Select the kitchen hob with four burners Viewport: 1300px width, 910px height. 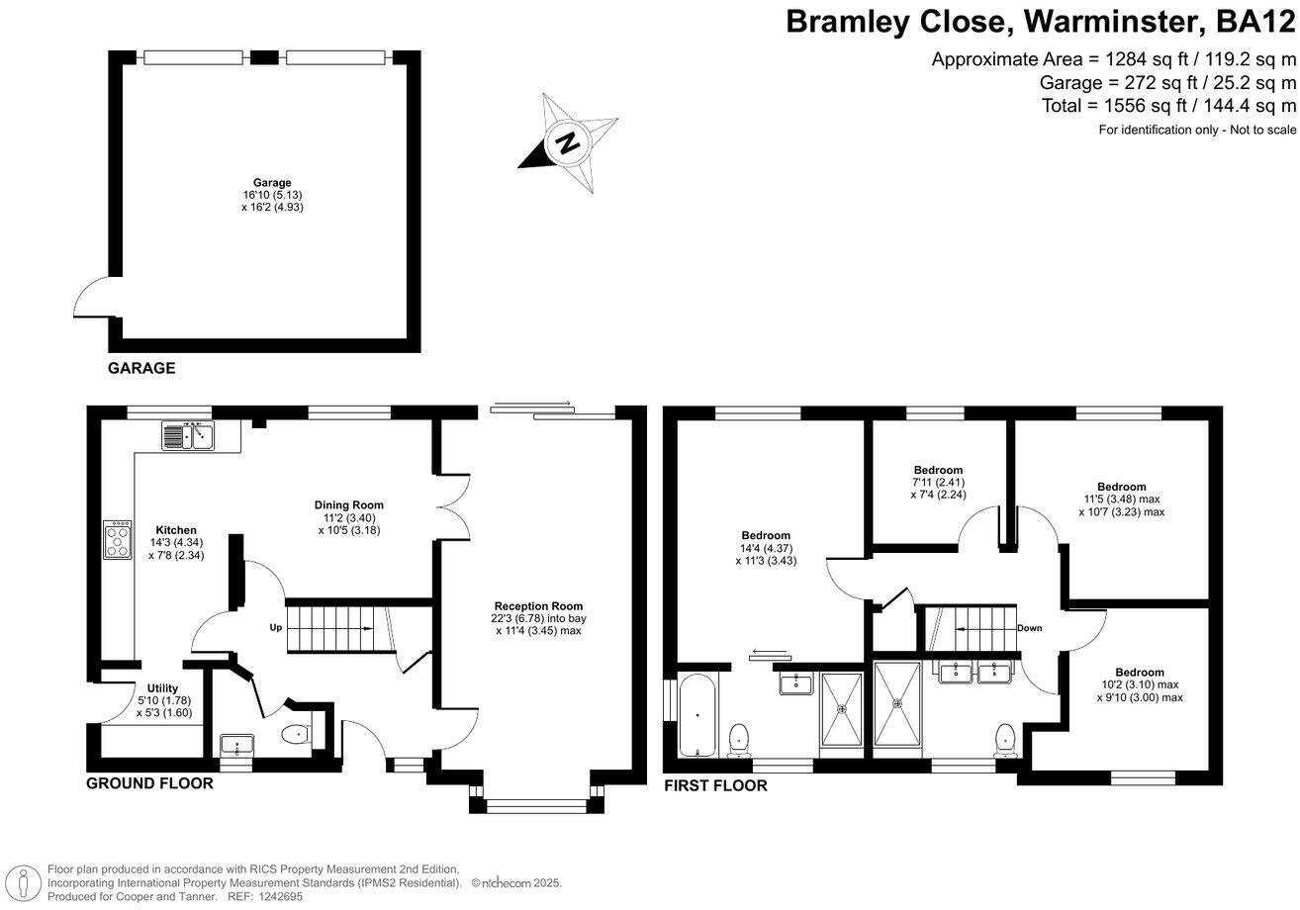coord(118,540)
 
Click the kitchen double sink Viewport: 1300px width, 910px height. coord(188,435)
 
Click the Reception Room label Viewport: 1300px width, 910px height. coord(539,606)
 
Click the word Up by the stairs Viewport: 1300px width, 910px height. coord(277,628)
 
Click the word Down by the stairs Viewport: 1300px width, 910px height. coord(1029,628)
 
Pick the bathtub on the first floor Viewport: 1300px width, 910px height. coord(697,714)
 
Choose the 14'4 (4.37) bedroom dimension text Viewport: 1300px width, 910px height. coord(766,549)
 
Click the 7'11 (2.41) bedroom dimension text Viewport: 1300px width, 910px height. coord(937,483)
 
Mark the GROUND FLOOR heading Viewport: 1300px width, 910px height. coord(149,783)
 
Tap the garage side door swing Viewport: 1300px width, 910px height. coord(92,297)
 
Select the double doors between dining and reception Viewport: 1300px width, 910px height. coord(450,504)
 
